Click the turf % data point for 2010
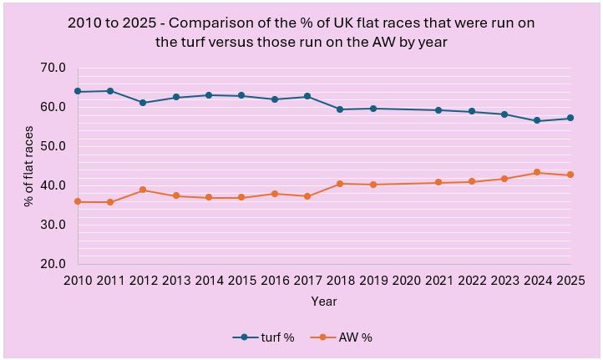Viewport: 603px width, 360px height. [78, 91]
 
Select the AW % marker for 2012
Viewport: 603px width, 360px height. [144, 190]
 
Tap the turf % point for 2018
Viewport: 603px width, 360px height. [341, 109]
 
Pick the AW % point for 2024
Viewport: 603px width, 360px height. [538, 172]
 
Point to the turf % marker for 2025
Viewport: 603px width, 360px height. [570, 118]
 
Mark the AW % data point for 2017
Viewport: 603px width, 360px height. [308, 196]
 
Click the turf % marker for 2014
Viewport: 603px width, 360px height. [210, 95]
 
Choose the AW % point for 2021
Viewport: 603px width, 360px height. [439, 182]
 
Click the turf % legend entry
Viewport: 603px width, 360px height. [264, 337]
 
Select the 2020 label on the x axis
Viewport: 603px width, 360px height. [407, 281]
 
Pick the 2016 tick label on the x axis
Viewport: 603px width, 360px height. [276, 281]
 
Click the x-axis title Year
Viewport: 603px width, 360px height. [324, 301]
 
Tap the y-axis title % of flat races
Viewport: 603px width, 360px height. [30, 165]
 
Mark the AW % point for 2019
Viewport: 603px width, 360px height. [374, 185]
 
